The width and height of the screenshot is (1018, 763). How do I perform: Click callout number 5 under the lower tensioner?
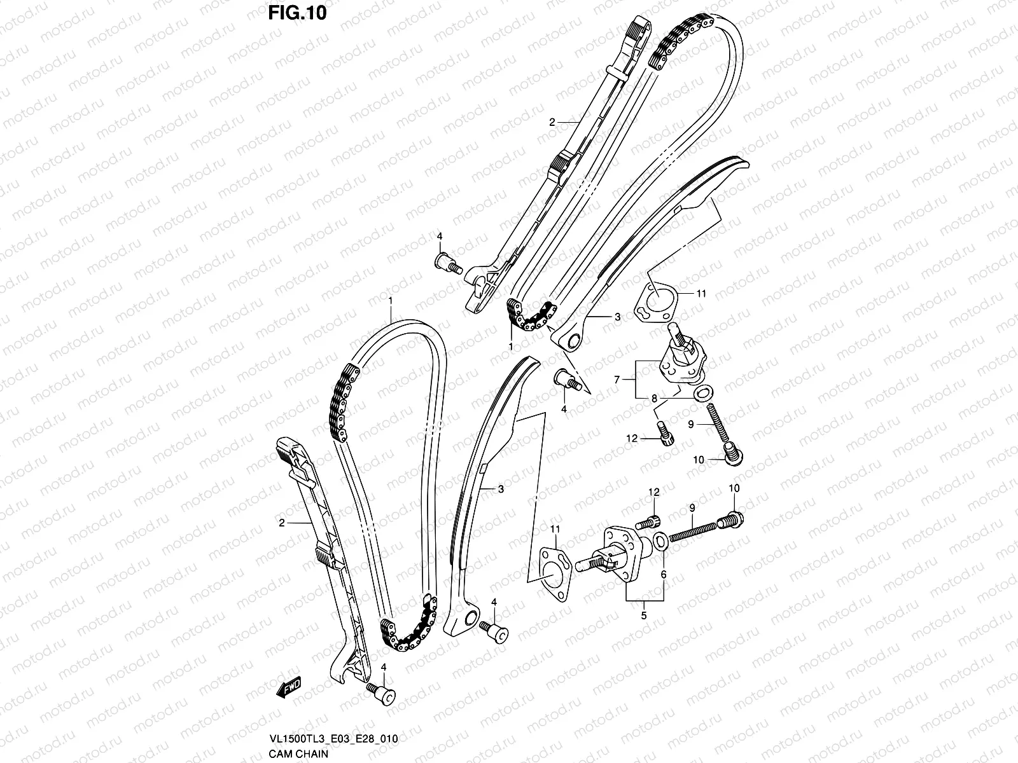(x=644, y=615)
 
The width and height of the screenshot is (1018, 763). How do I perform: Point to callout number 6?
(x=663, y=574)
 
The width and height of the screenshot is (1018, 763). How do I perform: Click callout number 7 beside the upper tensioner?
(x=617, y=379)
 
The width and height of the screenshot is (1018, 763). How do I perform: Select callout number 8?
(x=653, y=399)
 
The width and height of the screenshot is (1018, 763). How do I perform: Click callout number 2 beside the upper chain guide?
(x=553, y=121)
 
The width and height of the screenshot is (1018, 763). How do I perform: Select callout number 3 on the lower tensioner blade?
(x=501, y=489)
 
